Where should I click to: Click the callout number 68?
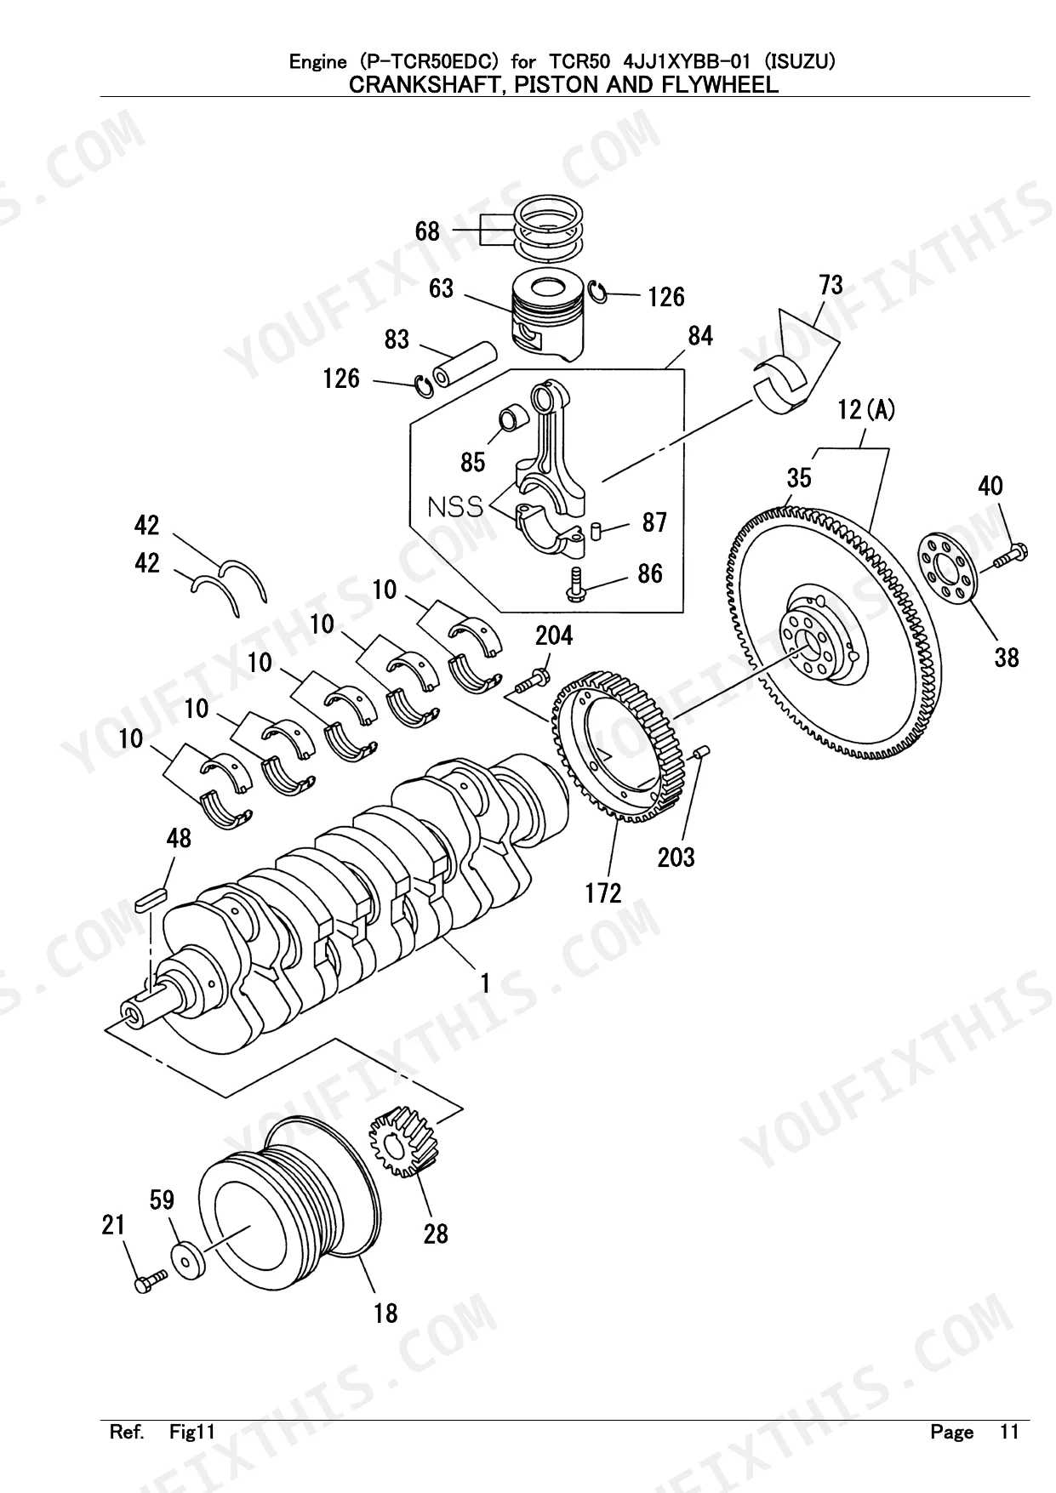click(427, 231)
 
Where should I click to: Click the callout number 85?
click(472, 462)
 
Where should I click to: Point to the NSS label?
click(454, 507)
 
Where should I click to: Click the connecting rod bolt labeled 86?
click(577, 584)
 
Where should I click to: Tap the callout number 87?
click(654, 522)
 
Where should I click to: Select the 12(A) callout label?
click(865, 410)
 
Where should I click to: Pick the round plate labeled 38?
click(948, 570)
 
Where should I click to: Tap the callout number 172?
click(603, 892)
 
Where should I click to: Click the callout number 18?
click(385, 1313)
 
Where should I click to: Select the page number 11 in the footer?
click(1008, 1432)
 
